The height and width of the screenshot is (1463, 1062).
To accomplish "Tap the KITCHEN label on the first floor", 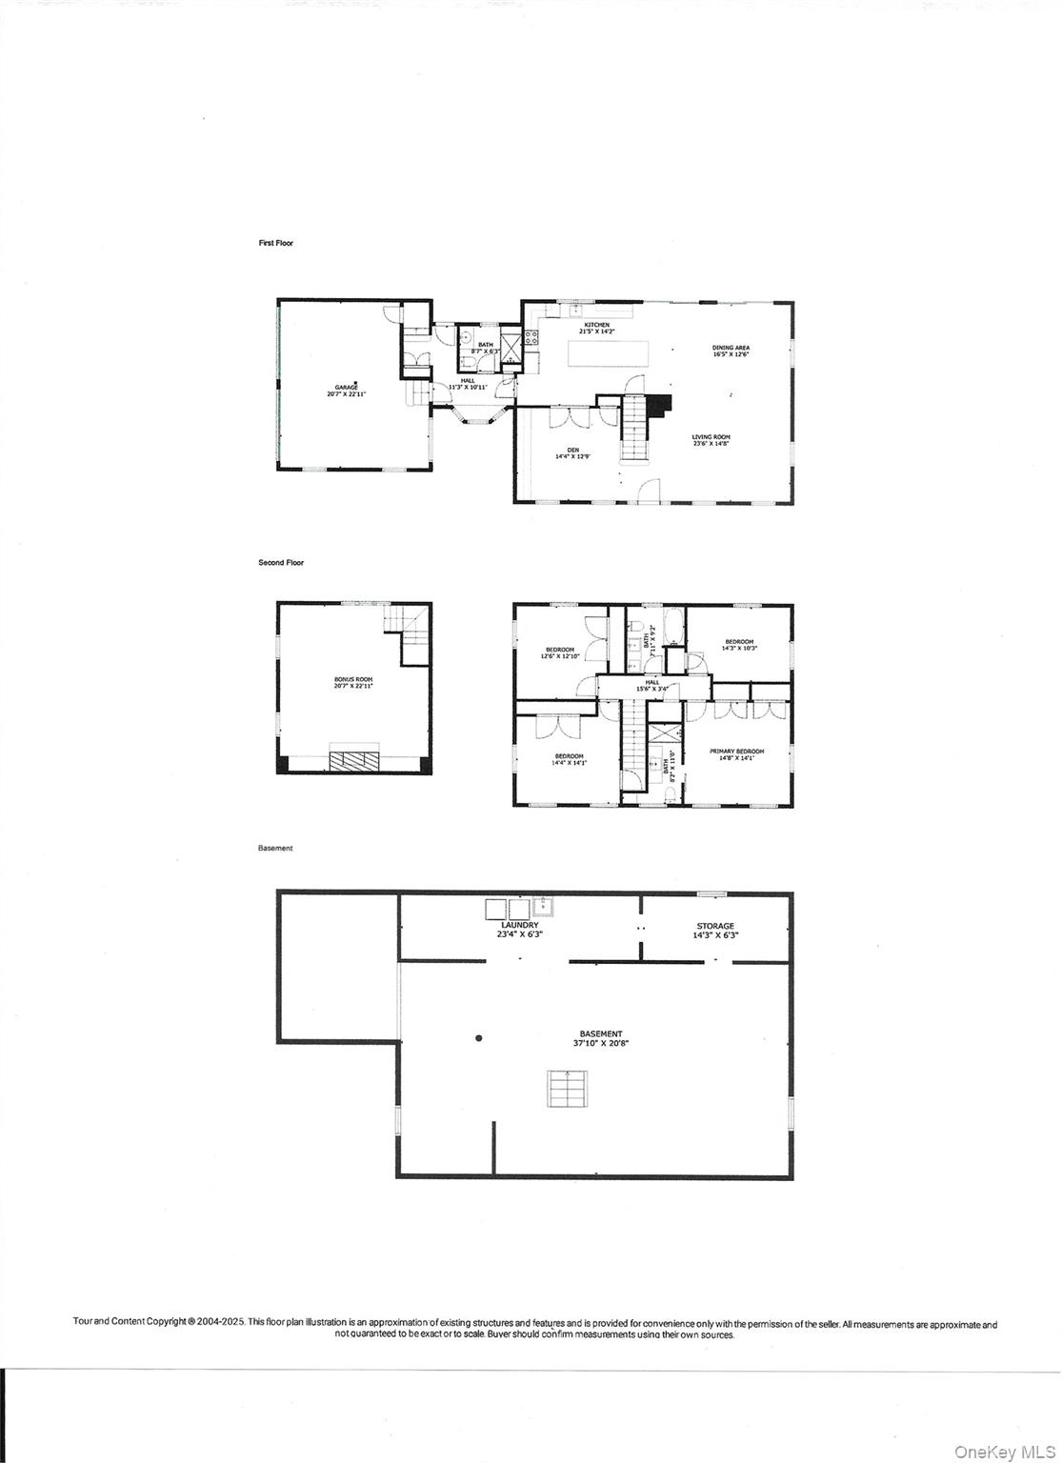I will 596,326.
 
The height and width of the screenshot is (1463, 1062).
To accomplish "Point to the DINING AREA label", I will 731,349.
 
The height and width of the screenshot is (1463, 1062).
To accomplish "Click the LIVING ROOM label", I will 711,437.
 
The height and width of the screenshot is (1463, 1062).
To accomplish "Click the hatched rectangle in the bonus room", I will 354,760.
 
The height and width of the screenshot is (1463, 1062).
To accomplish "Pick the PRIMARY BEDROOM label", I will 736,752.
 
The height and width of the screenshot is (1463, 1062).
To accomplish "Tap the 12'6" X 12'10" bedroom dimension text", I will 560,656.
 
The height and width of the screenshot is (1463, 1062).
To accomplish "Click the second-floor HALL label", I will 652,682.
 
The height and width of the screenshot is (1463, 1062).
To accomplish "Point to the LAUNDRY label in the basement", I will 520,925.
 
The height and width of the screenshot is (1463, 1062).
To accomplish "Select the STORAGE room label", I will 715,926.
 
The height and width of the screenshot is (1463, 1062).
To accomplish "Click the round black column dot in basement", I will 479,1037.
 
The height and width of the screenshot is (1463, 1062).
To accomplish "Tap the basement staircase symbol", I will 567,1088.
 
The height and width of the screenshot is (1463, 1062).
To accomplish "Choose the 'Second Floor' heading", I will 281,563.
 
